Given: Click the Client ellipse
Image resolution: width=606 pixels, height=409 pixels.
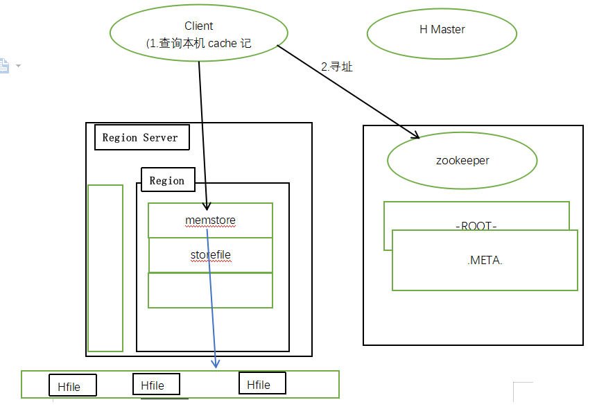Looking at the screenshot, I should pos(199,34).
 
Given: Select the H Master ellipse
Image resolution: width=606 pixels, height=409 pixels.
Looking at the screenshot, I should pos(442,30).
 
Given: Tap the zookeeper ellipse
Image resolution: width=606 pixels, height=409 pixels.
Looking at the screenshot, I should pos(462,161).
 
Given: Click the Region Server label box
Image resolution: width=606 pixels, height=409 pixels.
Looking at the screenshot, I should pos(140,137).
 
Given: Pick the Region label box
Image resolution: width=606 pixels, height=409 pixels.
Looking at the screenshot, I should pos(167,181).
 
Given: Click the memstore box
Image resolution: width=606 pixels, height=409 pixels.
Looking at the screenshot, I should pos(211,220).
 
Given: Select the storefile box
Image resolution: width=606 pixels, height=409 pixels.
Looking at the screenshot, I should pos(211,255).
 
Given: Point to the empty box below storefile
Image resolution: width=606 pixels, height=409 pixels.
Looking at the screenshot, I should pos(211,290).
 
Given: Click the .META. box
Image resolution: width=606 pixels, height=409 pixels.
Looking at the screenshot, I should pos(485,261).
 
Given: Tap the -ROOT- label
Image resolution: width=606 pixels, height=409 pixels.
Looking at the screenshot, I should pos(476,227).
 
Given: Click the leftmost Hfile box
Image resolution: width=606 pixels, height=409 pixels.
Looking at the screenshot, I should pos(73,386).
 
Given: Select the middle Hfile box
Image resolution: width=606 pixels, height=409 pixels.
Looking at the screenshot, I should pos(156,385).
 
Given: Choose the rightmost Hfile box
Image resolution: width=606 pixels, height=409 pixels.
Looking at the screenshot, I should pos(262,384).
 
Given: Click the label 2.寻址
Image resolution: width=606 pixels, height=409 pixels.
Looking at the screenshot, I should pos(337,67).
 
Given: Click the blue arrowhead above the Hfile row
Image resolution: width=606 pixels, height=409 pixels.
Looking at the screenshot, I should pos(216,363).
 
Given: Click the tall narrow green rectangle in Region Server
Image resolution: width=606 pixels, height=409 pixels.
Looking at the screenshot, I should pos(105,268).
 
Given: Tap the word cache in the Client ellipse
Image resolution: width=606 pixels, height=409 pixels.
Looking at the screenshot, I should pos(223,43).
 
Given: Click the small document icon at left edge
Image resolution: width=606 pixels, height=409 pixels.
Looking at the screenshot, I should pos(4,66).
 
